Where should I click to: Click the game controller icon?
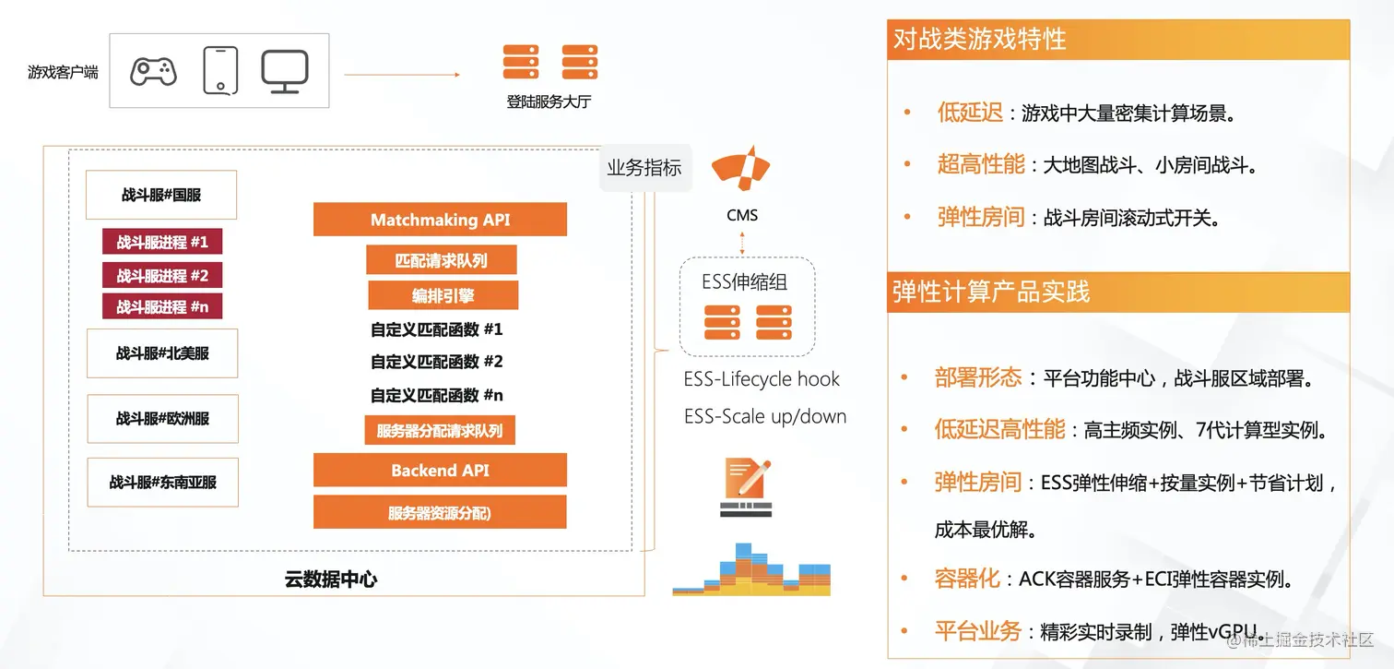(x=153, y=71)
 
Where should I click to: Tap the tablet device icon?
(x=220, y=70)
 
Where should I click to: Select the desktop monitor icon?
(x=284, y=71)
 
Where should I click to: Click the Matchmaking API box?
(x=440, y=220)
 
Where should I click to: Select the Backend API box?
(x=440, y=471)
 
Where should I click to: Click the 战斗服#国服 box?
(x=161, y=195)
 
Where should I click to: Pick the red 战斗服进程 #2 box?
(x=162, y=275)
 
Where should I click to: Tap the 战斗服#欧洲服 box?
(x=162, y=418)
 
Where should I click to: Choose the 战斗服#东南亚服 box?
(x=162, y=482)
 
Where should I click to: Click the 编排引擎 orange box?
(x=443, y=295)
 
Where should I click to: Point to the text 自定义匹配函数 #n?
(x=437, y=395)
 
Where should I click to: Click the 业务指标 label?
(x=644, y=168)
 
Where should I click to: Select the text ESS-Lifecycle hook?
(x=762, y=379)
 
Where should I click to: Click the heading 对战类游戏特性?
(x=979, y=40)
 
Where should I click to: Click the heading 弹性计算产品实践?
(x=991, y=292)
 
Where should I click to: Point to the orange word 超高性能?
(x=981, y=165)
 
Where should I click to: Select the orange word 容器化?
(x=967, y=579)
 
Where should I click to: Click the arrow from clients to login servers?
(x=402, y=75)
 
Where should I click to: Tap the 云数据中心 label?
(x=330, y=579)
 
